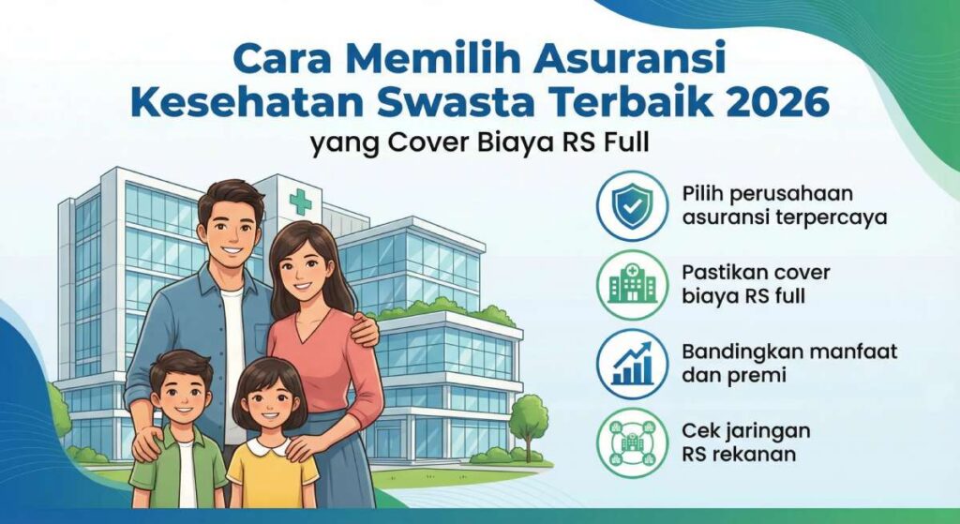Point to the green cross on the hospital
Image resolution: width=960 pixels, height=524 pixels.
click(300, 201)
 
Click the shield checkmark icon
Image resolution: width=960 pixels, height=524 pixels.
click(631, 205)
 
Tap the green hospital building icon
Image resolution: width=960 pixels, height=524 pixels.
click(631, 283)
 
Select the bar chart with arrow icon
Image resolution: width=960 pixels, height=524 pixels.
click(631, 363)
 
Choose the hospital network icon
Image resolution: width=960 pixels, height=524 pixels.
click(631, 441)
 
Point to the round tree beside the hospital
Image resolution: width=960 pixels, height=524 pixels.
click(530, 412)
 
